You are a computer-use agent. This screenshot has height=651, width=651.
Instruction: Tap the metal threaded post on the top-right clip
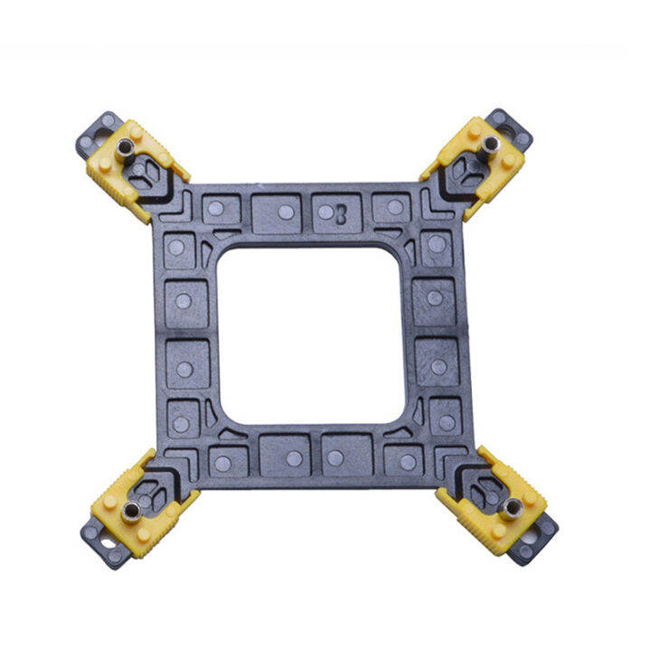coord(488,146)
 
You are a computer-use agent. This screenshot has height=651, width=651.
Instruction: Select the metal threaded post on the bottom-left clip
coord(132,513)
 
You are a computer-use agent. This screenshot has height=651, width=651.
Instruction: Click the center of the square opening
coord(311,335)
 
